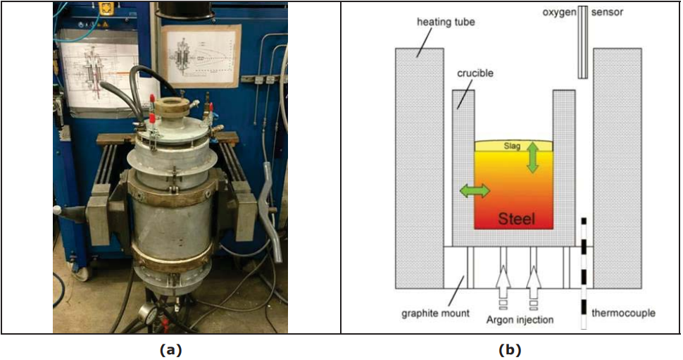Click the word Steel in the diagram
pyautogui.click(x=517, y=219)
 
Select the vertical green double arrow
pyautogui.click(x=532, y=156)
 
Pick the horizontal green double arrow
pyautogui.click(x=475, y=190)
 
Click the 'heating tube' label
pyautogui.click(x=446, y=22)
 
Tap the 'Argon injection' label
pyautogui.click(x=519, y=320)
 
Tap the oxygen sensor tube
pyautogui.click(x=582, y=42)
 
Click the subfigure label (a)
pyautogui.click(x=170, y=349)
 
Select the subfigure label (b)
pyautogui.click(x=510, y=349)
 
